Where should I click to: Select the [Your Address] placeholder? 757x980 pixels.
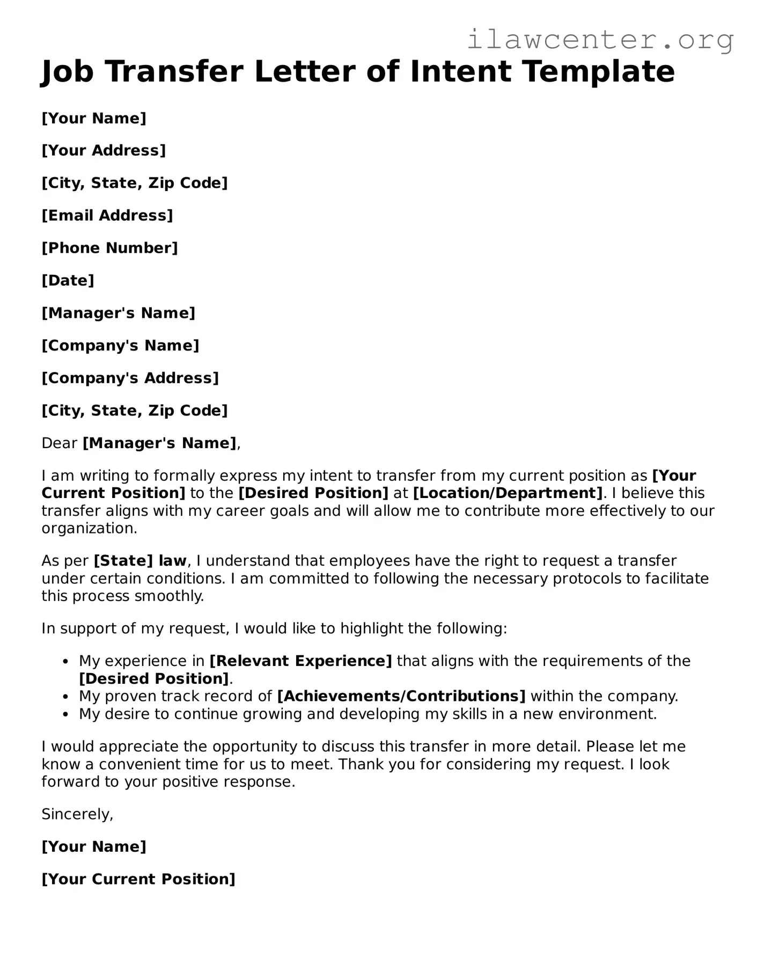[104, 150]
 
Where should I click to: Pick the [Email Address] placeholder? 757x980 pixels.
[107, 215]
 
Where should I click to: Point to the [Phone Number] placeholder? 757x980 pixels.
[109, 248]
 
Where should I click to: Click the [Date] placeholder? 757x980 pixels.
[68, 280]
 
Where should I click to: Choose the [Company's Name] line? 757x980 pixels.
[120, 346]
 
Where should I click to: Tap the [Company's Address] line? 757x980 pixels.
[130, 378]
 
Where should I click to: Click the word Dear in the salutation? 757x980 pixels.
[60, 443]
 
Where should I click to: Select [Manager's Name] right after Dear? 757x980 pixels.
[159, 443]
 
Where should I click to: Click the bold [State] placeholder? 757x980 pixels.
[123, 561]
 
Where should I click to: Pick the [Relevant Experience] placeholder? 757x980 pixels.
[300, 661]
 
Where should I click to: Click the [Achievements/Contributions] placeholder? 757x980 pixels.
[401, 696]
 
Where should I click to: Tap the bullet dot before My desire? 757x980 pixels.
[66, 714]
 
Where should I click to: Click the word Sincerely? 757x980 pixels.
[77, 814]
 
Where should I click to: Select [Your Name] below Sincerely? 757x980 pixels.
[94, 847]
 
